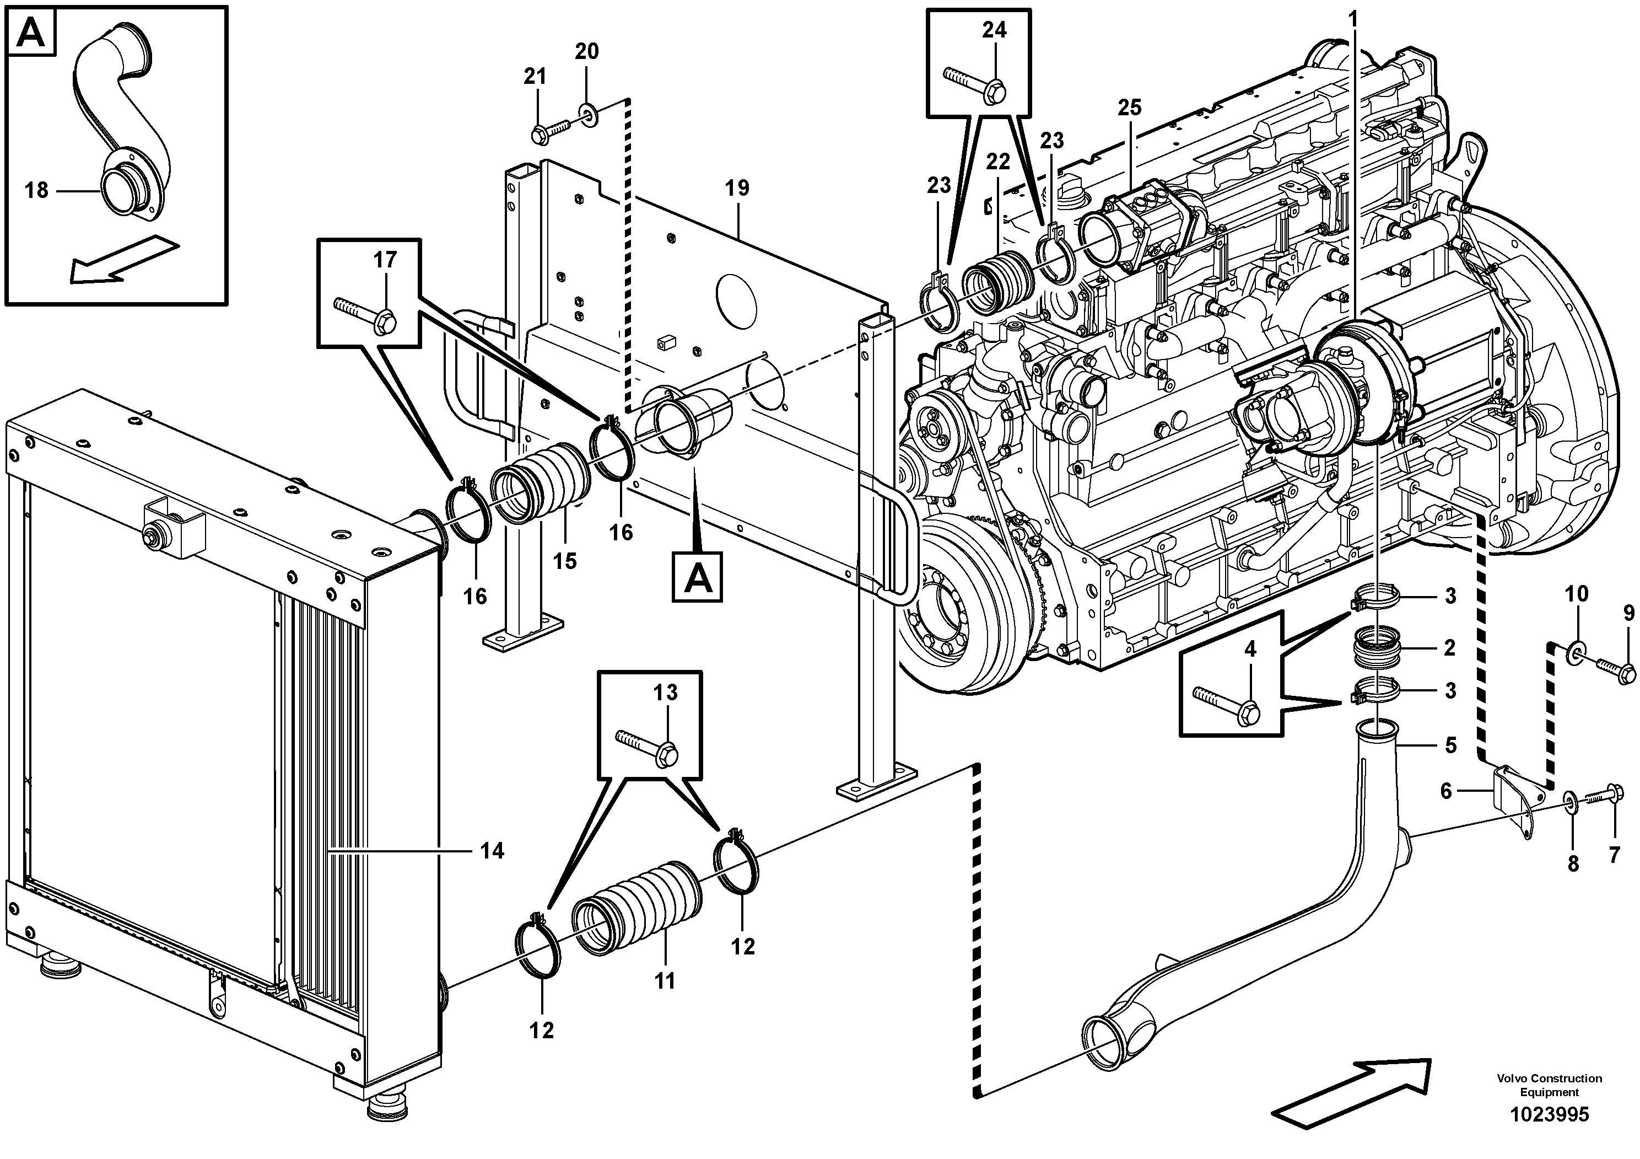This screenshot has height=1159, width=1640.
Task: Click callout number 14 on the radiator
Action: (x=492, y=850)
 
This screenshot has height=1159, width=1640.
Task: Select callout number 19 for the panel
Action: (x=737, y=188)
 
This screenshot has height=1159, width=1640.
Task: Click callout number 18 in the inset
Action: (x=36, y=190)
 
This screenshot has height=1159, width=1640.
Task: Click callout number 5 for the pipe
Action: (x=1450, y=745)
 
